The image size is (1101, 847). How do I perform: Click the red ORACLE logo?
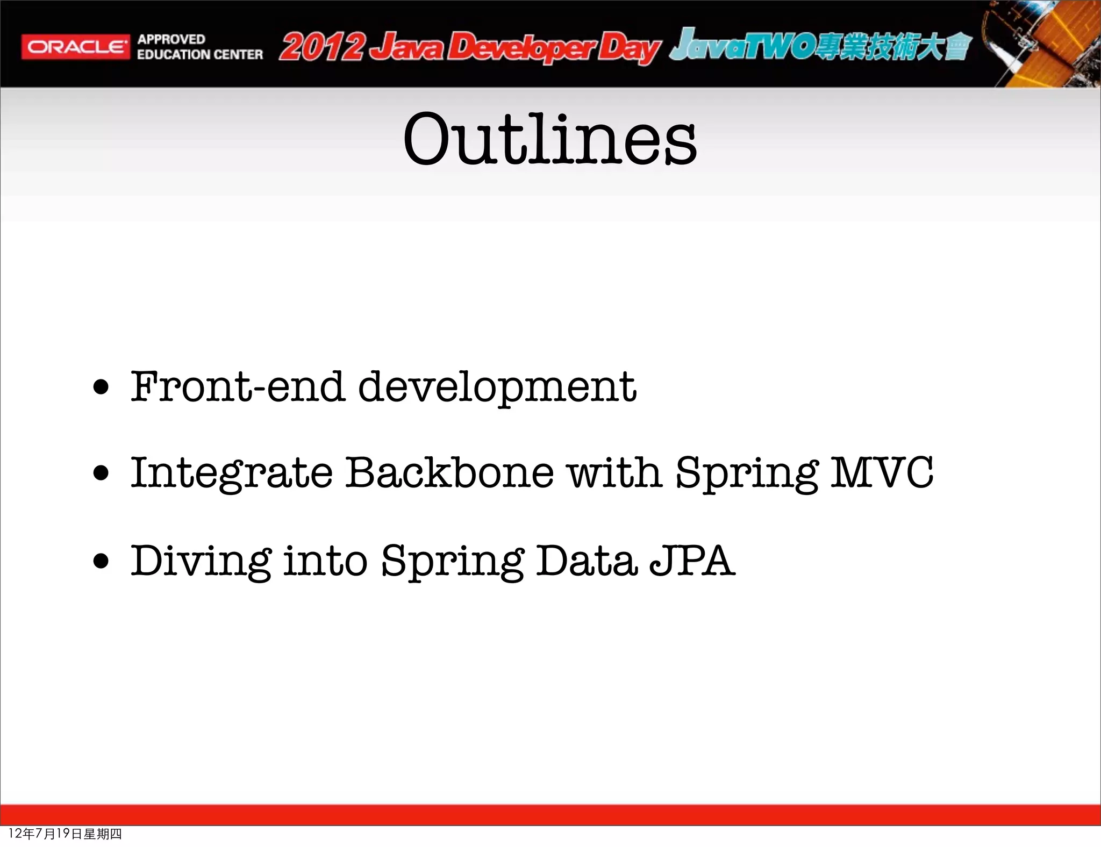(75, 47)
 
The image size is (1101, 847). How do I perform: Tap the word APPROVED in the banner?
(171, 39)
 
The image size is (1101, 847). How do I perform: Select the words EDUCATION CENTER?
(200, 55)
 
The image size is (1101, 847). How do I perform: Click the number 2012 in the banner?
(321, 47)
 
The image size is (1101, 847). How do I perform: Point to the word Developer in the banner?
(520, 48)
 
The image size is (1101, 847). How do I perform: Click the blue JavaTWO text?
(742, 46)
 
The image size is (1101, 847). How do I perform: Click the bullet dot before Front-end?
(101, 387)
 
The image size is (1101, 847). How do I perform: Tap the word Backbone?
(449, 473)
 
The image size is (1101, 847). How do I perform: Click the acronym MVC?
(882, 473)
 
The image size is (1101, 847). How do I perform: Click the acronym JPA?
(692, 561)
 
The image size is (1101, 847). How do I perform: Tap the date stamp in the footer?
(65, 834)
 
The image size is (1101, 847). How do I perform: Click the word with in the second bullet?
(614, 473)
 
